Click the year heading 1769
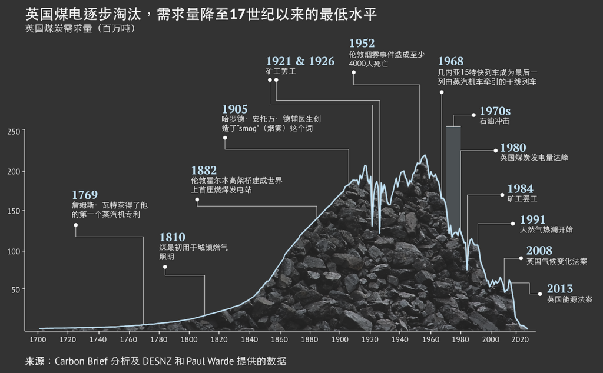(x=84, y=195)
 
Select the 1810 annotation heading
(x=172, y=237)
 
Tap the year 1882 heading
(x=204, y=170)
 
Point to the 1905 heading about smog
(x=234, y=109)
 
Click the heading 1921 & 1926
(x=300, y=61)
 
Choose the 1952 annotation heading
(x=362, y=44)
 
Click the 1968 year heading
(x=450, y=61)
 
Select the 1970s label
(x=495, y=111)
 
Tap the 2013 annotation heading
(x=559, y=289)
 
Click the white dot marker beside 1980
(x=495, y=151)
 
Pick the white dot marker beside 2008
(x=521, y=258)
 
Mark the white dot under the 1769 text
(x=76, y=225)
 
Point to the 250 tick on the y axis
(x=14, y=132)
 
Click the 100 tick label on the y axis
(x=14, y=251)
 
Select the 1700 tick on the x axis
(x=38, y=340)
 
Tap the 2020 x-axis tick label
(x=519, y=340)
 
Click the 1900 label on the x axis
(x=340, y=340)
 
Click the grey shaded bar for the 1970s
(x=453, y=176)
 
